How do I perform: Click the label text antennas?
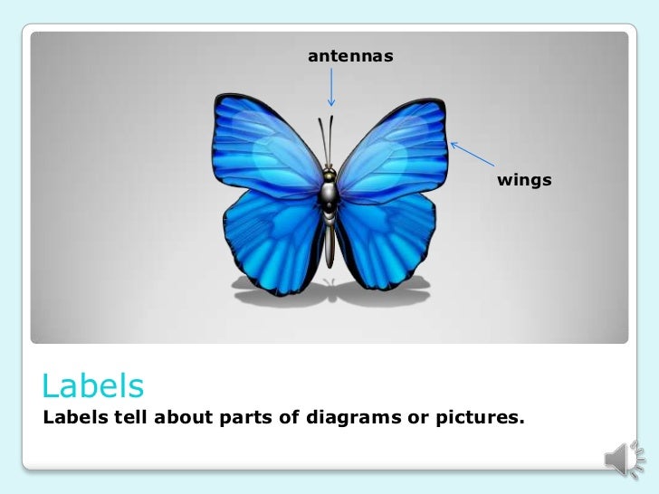pyautogui.click(x=350, y=56)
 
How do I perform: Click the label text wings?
pyautogui.click(x=524, y=180)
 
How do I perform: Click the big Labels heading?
pyautogui.click(x=92, y=386)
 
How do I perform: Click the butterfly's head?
pyautogui.click(x=330, y=173)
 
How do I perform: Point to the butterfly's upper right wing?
pyautogui.click(x=394, y=145)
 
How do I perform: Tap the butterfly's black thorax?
pyautogui.click(x=330, y=192)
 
